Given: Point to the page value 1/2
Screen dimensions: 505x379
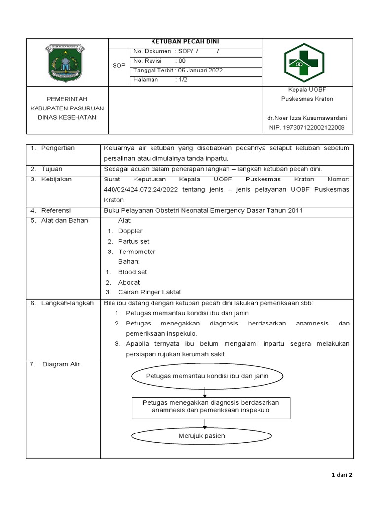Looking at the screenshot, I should pyautogui.click(x=182, y=79).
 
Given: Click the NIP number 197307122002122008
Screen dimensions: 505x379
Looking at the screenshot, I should pyautogui.click(x=307, y=128).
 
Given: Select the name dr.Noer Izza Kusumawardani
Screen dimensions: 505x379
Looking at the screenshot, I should pyautogui.click(x=307, y=118).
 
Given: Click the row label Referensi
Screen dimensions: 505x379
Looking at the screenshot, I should pyautogui.click(x=57, y=210).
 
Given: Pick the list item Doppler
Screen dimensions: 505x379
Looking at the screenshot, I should pyautogui.click(x=130, y=231).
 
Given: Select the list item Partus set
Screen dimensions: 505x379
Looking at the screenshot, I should pyautogui.click(x=133, y=241).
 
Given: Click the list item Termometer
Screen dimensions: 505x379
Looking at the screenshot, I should pyautogui.click(x=137, y=252).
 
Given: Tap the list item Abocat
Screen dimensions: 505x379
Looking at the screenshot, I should pyautogui.click(x=129, y=282).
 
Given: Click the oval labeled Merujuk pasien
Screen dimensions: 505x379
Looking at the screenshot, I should pyautogui.click(x=201, y=436).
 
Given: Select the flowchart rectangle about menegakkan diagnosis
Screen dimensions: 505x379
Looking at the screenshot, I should pyautogui.click(x=211, y=406).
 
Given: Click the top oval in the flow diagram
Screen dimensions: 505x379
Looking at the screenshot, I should pyautogui.click(x=207, y=376).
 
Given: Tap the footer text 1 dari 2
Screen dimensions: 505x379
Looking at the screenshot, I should pyautogui.click(x=341, y=475).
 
